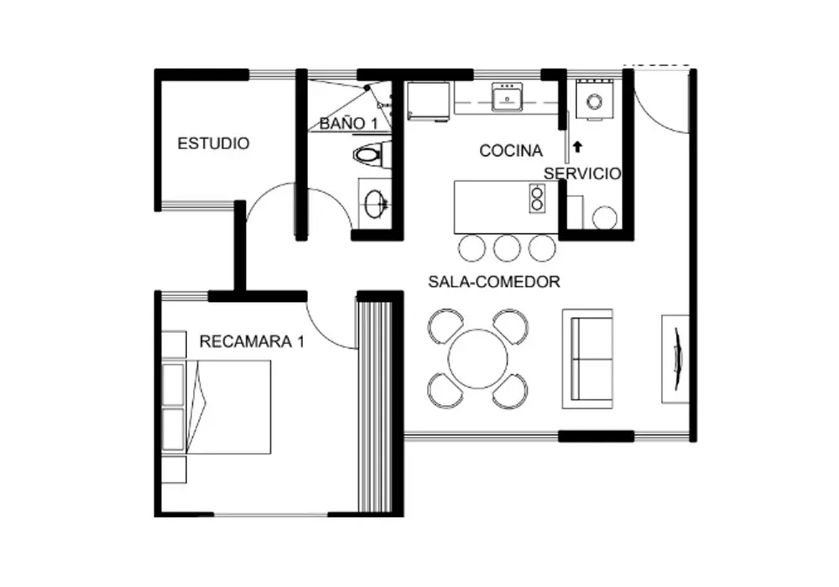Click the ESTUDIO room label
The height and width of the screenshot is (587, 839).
point(213,143)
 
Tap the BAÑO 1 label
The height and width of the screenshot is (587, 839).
point(348,123)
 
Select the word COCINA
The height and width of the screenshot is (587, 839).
point(510,151)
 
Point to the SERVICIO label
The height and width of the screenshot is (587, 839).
point(582,174)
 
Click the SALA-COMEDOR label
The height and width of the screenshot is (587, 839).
point(494,281)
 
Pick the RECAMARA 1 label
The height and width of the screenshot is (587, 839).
point(252,341)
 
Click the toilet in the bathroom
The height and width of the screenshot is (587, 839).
point(373,155)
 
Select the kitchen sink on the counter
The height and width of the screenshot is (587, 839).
point(506,96)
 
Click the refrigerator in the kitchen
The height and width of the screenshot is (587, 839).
point(428,101)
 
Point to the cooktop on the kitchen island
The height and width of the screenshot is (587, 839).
point(537,198)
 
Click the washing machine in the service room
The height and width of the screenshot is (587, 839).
point(595,100)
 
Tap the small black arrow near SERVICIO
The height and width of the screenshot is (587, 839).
point(577,147)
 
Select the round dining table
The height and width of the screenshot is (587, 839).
point(477,359)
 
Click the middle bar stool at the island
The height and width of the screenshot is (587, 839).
point(507,248)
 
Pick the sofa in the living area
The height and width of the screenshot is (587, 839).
point(587,359)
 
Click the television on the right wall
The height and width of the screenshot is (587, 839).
point(677,358)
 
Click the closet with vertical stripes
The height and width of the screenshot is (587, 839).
point(375,405)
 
